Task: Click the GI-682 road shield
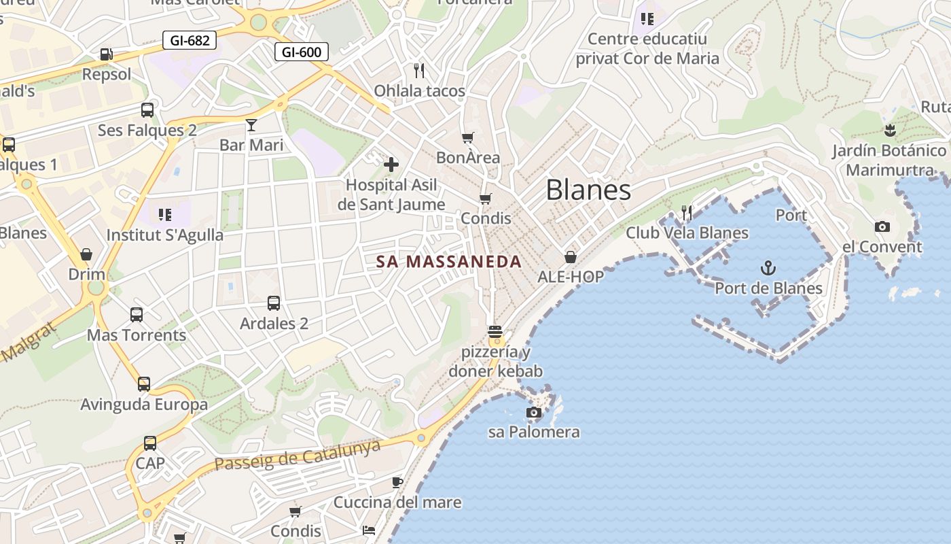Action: (x=190, y=40)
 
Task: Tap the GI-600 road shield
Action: (x=302, y=52)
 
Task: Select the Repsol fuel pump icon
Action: (x=106, y=54)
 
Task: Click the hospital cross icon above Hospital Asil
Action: (x=391, y=164)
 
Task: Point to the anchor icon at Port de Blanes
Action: (x=768, y=267)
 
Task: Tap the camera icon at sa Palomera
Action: (x=534, y=412)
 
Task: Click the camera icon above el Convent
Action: (x=882, y=226)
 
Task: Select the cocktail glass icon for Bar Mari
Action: (x=251, y=124)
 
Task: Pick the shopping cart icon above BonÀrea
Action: (x=468, y=138)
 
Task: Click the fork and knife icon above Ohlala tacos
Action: (x=419, y=70)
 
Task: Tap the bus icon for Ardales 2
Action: (x=274, y=303)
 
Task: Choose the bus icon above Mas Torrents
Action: (x=137, y=314)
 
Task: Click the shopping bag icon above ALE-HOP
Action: (x=571, y=257)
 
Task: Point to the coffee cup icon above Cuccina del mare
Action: (x=397, y=482)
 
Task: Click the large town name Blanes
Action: (x=588, y=190)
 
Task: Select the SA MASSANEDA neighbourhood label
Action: (x=449, y=262)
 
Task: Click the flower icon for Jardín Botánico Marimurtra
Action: (x=890, y=130)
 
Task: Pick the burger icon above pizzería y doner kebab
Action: (x=495, y=332)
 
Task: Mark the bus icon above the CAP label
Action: (x=150, y=443)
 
